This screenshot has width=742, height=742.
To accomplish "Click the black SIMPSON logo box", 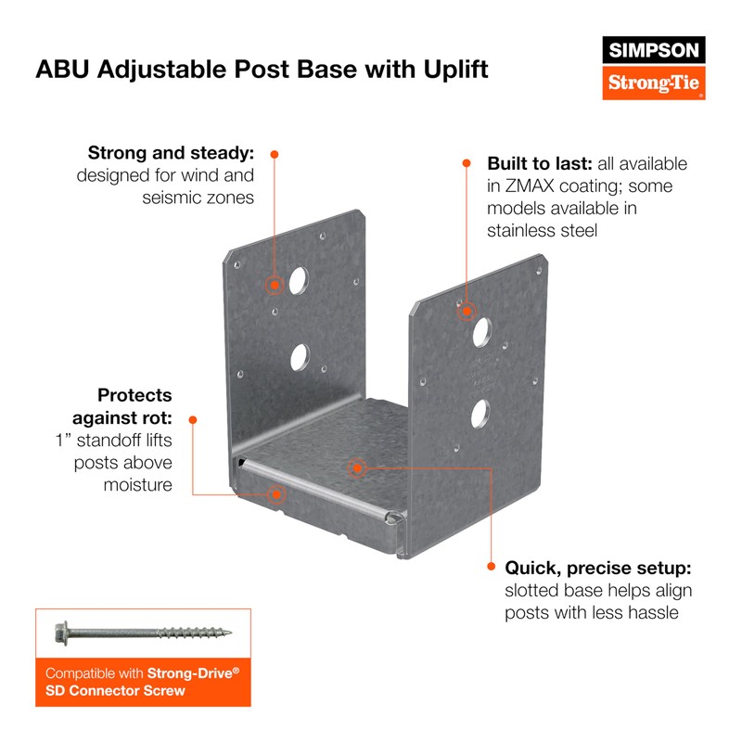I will tap(654, 50).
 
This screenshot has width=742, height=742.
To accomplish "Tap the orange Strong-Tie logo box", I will tap(654, 83).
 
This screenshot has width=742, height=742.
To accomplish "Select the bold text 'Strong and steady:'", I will tap(172, 152).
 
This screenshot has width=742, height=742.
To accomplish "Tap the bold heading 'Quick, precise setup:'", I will tap(598, 568).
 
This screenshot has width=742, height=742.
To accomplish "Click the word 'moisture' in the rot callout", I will tap(137, 485).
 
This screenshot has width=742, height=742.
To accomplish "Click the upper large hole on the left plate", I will tap(297, 279).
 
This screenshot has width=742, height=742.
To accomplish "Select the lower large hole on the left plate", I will tap(298, 355).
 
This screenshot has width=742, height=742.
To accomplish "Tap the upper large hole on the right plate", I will tap(481, 330).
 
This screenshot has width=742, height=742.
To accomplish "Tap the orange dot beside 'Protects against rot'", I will tap(193, 419).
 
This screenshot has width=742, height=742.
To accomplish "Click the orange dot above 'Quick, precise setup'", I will tap(491, 563).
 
